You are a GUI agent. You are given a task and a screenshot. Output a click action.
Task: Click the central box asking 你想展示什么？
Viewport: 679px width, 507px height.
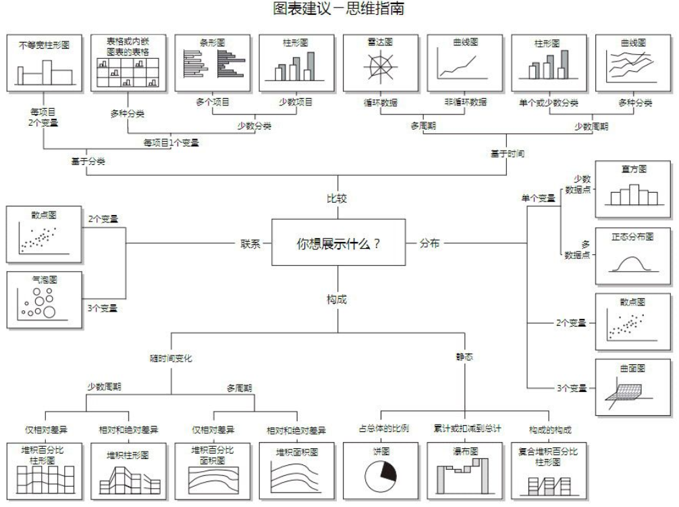tap(338, 243)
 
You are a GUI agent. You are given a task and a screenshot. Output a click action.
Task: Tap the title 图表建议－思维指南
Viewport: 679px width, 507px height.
tap(339, 9)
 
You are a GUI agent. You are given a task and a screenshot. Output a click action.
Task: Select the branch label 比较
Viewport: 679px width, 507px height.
tap(337, 199)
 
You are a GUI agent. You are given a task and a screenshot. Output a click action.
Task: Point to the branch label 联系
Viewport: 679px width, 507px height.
tap(251, 243)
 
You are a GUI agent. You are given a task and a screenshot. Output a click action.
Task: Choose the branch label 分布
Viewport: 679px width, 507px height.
tap(429, 243)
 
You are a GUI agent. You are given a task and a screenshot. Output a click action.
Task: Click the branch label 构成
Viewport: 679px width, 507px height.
tap(337, 298)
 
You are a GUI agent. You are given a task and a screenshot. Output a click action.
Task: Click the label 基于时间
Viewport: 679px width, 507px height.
tap(508, 153)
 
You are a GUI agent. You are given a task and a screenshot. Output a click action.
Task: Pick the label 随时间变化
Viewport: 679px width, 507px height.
tap(171, 358)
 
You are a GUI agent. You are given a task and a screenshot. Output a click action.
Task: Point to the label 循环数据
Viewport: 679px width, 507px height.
tap(381, 103)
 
